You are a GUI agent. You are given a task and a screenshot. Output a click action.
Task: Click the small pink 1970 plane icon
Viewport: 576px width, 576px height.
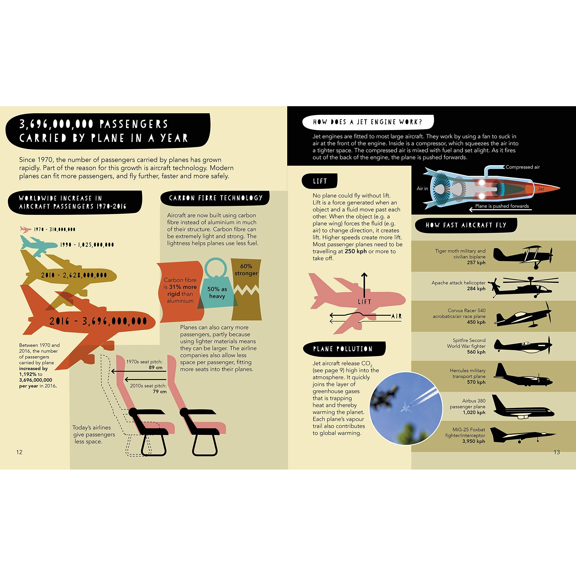tap(25, 229)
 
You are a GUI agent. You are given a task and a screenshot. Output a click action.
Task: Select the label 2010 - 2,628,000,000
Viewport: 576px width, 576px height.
tap(74, 275)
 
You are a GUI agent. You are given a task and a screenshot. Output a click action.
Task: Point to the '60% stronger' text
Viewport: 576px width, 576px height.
tap(246, 270)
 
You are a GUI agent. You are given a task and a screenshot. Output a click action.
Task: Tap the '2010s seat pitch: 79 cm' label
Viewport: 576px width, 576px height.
tap(148, 389)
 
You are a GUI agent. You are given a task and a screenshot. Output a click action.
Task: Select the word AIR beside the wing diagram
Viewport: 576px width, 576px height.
tap(396, 316)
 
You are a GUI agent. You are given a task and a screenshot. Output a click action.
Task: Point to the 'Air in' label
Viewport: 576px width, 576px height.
tap(422, 188)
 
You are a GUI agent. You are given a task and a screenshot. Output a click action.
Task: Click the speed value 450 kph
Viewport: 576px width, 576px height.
tap(476, 322)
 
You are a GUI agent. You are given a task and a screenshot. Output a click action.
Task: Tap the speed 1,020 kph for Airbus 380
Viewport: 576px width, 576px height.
tap(474, 412)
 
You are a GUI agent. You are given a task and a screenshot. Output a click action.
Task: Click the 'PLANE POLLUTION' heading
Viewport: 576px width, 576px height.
tap(343, 349)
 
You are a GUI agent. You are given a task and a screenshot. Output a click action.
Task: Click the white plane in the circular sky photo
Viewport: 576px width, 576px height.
tap(406, 406)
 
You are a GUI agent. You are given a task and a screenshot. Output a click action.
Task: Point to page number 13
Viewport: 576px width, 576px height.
tap(557, 452)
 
